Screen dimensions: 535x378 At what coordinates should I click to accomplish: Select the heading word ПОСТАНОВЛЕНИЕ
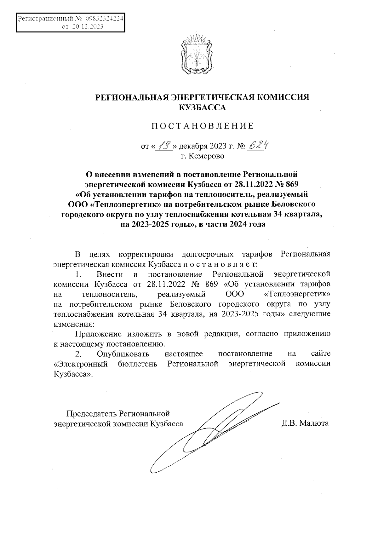(x=203, y=126)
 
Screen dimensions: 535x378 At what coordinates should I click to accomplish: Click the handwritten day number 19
(x=164, y=146)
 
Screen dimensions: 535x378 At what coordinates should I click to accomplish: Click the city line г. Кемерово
(x=202, y=156)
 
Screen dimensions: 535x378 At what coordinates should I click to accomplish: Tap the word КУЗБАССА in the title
(x=203, y=107)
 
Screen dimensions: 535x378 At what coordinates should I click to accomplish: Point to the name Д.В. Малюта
(x=305, y=423)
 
